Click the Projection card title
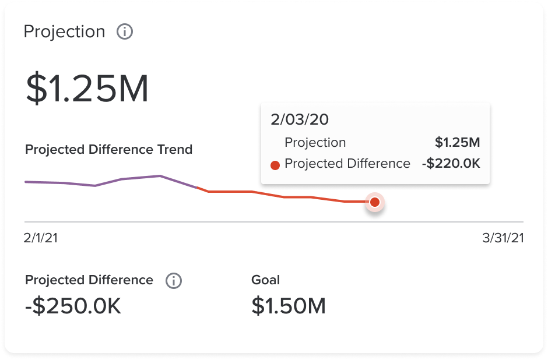(x=64, y=31)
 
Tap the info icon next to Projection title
(x=125, y=31)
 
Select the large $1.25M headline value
(x=87, y=89)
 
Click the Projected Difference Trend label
(x=108, y=150)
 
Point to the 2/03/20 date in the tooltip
(x=300, y=120)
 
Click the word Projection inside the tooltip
(x=315, y=143)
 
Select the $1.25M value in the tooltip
(x=457, y=143)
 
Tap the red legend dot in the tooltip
(x=276, y=165)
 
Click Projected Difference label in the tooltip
(x=347, y=164)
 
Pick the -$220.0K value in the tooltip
(x=451, y=164)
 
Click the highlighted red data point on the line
(x=375, y=202)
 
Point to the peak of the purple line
(x=159, y=175)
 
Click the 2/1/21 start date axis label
(x=41, y=238)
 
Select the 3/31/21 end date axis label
(x=503, y=238)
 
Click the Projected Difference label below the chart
(x=89, y=280)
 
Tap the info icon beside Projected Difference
(x=173, y=281)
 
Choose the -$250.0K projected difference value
(x=73, y=306)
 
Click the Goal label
(x=265, y=280)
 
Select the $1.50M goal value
(x=289, y=306)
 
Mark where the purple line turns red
(x=198, y=187)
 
